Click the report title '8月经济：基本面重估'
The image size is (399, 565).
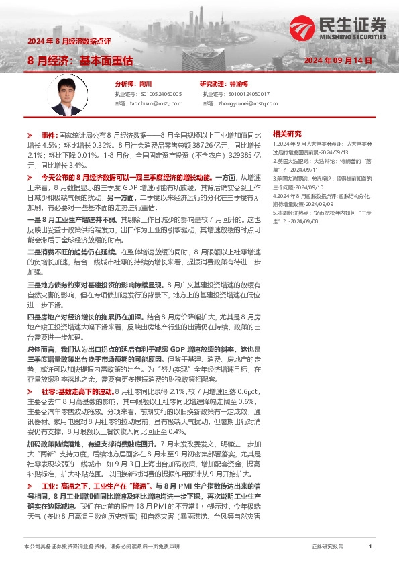80,60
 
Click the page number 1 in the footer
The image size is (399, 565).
370,547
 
